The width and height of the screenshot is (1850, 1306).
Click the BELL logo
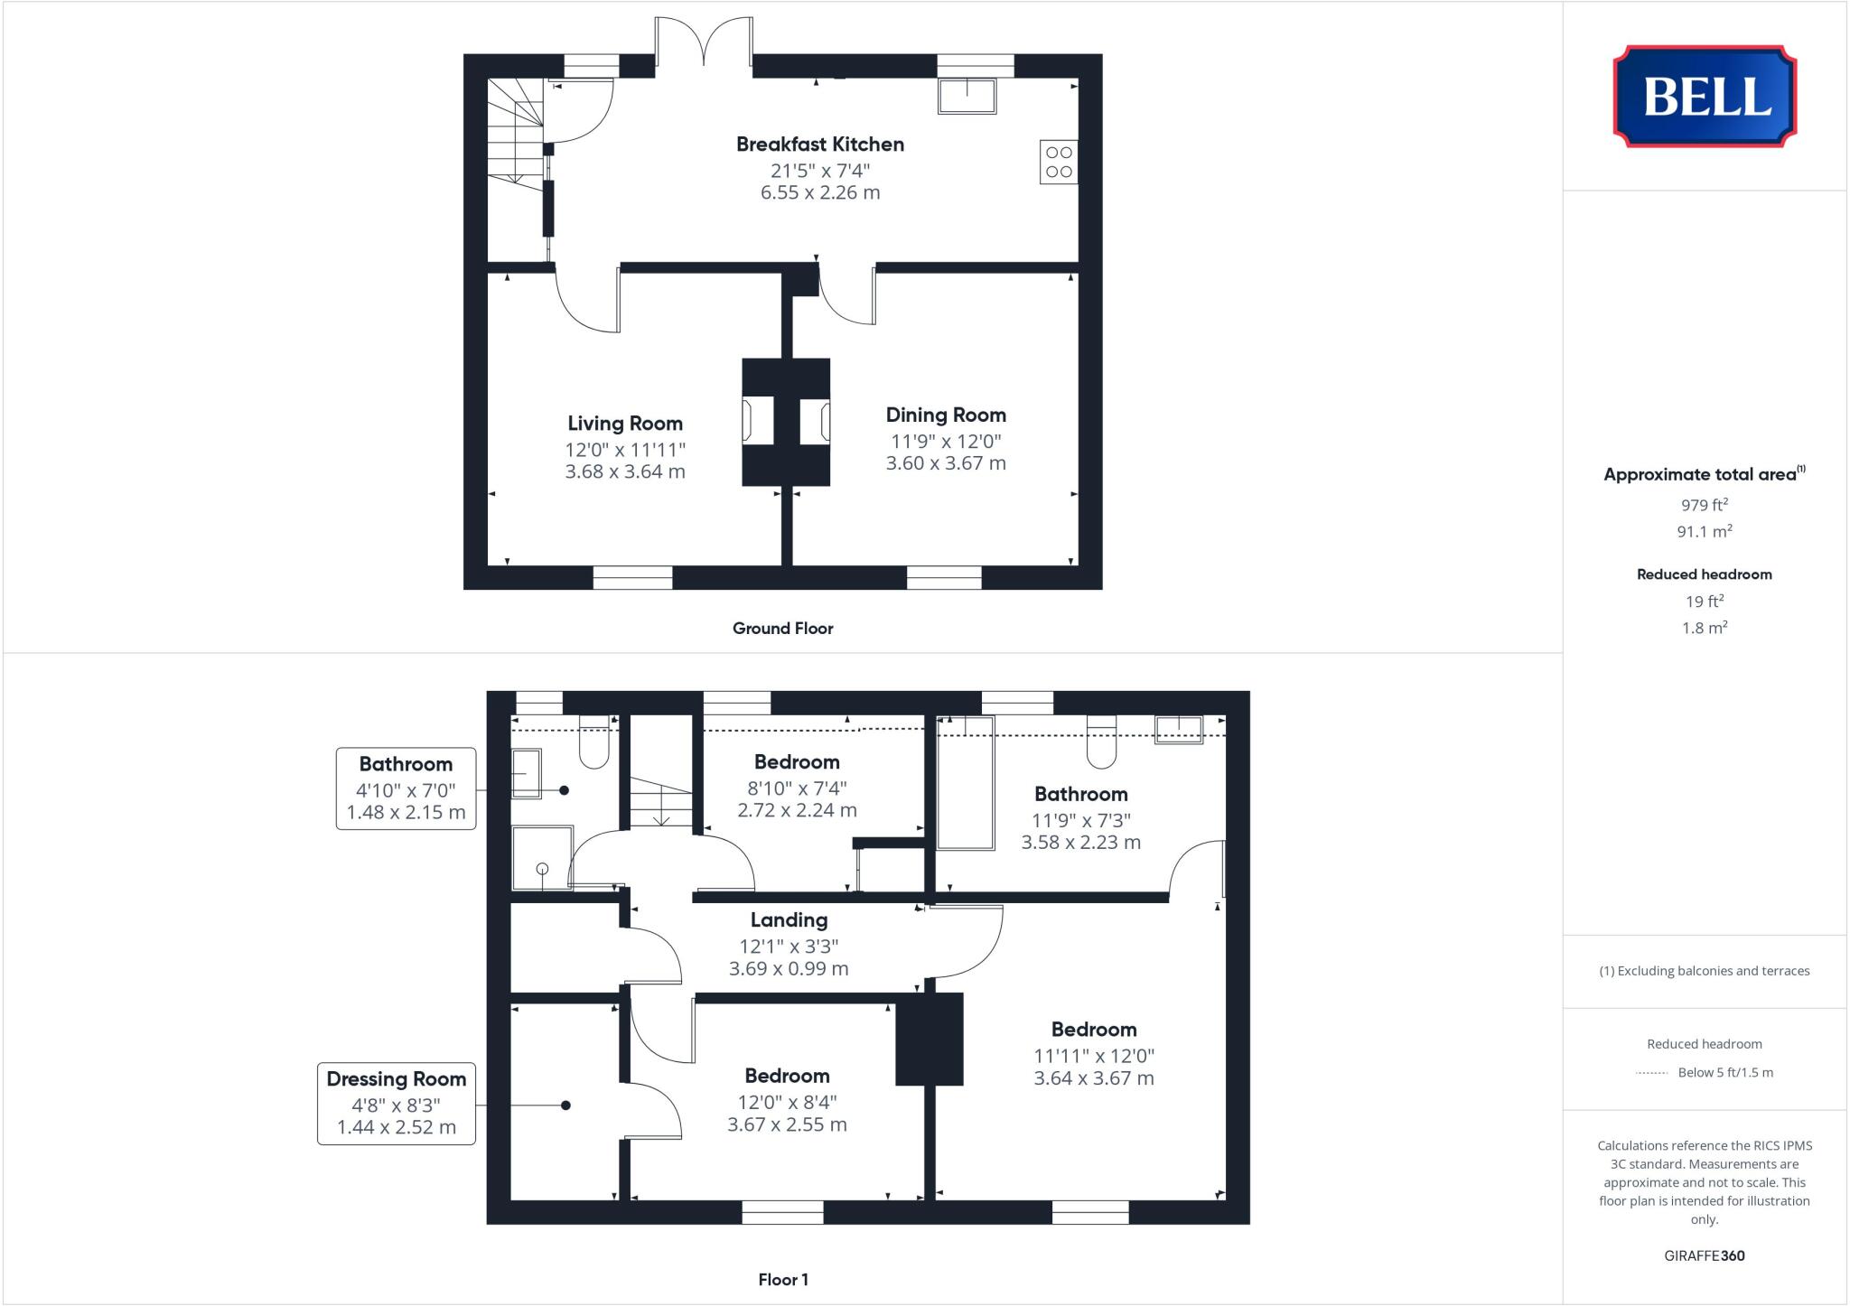click(1705, 97)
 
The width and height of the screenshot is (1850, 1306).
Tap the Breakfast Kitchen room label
click(819, 145)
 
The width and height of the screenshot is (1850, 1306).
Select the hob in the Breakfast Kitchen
click(1059, 163)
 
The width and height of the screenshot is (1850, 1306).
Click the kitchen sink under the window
click(967, 96)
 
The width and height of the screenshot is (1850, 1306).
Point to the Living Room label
click(624, 424)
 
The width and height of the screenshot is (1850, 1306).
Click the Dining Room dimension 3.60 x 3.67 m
click(945, 463)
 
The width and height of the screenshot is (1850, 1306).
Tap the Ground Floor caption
click(782, 629)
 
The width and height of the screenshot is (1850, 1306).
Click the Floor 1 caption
click(782, 1280)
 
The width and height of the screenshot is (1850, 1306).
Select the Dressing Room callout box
click(396, 1103)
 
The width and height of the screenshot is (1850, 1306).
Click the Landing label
click(789, 920)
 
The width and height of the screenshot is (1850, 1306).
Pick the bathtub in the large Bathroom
click(965, 782)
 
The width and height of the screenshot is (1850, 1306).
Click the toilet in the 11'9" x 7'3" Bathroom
click(1101, 744)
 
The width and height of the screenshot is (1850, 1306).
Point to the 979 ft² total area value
click(1704, 506)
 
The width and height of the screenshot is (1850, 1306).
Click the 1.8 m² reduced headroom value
click(1704, 628)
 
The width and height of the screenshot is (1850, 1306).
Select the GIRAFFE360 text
click(1704, 1255)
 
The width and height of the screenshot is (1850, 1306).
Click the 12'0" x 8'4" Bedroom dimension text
click(787, 1102)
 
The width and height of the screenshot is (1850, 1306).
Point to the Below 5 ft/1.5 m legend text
click(1724, 1073)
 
